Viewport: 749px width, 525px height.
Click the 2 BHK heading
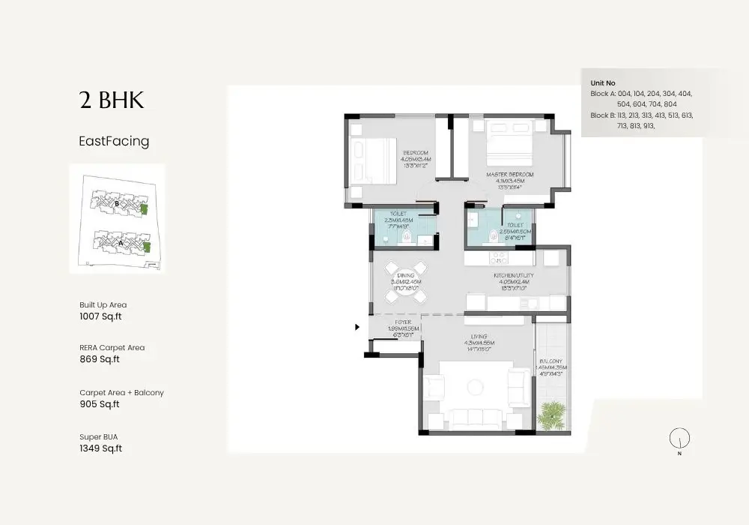111,101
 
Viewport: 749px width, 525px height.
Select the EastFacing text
114,141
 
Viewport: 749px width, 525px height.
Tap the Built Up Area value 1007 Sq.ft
100,316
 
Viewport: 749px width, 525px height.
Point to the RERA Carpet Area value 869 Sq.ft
100,359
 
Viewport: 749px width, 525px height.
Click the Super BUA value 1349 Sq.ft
100,448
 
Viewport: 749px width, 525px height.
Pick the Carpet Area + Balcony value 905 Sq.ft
100,404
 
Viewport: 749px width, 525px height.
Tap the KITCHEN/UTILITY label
513,276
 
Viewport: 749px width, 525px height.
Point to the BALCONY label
552,361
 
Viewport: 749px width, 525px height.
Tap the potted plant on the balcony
553,411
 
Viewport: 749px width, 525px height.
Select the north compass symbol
679,439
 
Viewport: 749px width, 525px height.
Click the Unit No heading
603,83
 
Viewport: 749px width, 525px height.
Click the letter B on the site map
117,203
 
